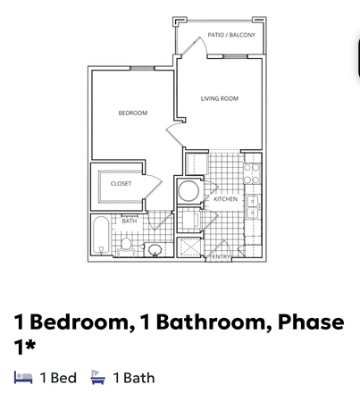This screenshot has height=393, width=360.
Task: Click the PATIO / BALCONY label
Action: click(230, 35)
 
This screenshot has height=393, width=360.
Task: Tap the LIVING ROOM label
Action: click(219, 98)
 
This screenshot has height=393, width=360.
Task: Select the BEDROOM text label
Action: click(132, 113)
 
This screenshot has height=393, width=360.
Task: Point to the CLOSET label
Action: click(121, 184)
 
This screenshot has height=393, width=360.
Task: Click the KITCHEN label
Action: click(225, 199)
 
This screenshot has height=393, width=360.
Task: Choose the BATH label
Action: click(130, 220)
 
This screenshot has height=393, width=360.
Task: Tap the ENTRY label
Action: click(221, 257)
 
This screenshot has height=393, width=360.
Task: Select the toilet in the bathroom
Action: click(127, 244)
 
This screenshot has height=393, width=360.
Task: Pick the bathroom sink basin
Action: click(155, 249)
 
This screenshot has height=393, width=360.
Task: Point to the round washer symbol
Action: click(189, 190)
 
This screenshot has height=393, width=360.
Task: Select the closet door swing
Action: click(153, 184)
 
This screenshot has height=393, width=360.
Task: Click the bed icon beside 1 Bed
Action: click(24, 378)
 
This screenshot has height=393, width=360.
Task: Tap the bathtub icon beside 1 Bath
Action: click(97, 378)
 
